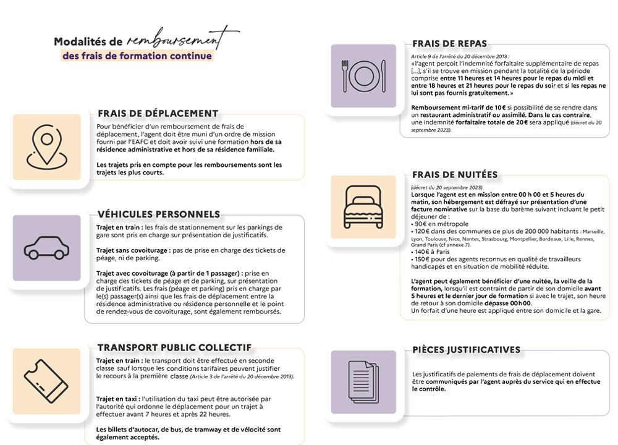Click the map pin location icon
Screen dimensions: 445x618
47,146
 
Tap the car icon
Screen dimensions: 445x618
47,248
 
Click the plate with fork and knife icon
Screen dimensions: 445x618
363,75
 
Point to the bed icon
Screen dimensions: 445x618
363,206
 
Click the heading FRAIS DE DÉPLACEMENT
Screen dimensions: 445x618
158,114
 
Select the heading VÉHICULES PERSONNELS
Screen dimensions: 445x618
158,214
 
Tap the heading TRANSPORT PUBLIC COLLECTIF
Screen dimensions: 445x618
174,347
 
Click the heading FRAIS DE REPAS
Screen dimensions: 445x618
449,44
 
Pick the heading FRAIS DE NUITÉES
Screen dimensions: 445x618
454,175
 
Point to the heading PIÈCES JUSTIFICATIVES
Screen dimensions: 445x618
466,350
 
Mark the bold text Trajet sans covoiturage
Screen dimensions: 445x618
130,250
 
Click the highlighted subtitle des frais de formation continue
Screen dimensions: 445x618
137,56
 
